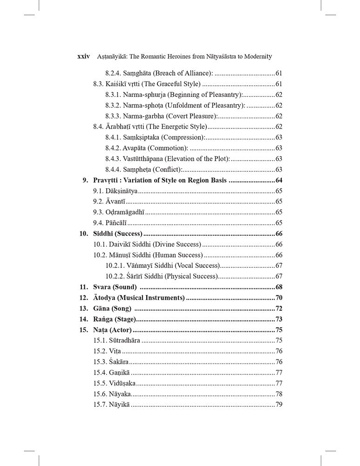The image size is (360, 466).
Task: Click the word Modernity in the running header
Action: click(255, 56)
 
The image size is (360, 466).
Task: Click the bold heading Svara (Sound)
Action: click(115, 287)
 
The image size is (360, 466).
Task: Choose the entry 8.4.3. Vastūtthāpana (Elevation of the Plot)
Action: click(167, 159)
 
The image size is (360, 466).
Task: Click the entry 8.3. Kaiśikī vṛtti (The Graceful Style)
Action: click(147, 84)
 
